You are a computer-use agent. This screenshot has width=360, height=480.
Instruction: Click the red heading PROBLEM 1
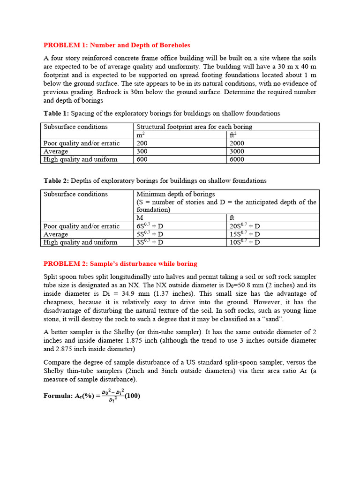117,45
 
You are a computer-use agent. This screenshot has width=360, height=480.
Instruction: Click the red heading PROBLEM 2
120,263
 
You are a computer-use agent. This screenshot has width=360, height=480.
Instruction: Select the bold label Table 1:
56,113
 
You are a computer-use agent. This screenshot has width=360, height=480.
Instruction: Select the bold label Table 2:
56,180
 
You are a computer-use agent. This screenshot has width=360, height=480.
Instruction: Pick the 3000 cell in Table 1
237,151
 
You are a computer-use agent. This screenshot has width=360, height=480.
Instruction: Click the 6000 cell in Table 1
237,159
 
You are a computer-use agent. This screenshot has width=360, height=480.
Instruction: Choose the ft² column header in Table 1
232,135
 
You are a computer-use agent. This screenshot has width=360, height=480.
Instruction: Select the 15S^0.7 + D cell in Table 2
245,234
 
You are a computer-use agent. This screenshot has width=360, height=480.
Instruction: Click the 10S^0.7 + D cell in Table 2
245,242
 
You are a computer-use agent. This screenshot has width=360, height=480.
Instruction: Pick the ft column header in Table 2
232,218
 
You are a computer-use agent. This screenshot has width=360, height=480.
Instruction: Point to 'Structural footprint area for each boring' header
194,127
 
